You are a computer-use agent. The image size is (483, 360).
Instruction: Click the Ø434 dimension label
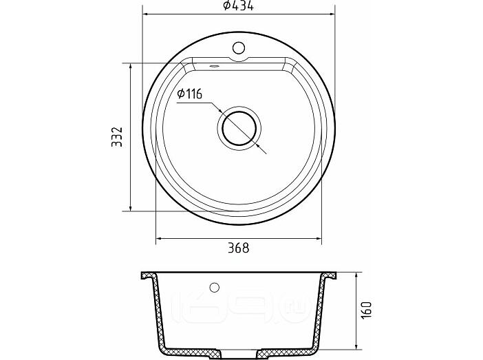tap(239, 6)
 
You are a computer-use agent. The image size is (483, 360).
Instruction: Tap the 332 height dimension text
tap(117, 137)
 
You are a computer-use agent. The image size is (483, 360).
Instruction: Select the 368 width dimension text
tap(238, 248)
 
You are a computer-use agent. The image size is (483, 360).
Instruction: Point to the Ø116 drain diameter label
tap(189, 94)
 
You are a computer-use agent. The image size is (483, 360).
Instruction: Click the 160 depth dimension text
tap(366, 310)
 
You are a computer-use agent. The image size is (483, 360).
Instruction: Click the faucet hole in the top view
tap(239, 48)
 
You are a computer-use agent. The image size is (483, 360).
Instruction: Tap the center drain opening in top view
tap(239, 128)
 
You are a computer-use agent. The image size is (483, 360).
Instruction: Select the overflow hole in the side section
tap(214, 287)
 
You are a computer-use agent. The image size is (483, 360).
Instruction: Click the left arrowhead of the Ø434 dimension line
tap(146, 14)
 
